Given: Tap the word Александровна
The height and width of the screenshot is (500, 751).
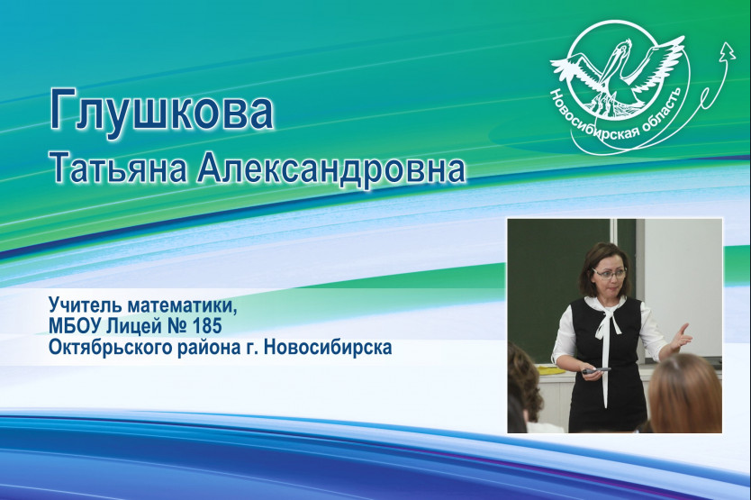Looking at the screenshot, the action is pos(331,168).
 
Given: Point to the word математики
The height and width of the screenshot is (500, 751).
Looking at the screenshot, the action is pos(178,305).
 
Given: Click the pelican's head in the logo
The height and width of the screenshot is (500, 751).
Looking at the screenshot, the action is pos(622,48).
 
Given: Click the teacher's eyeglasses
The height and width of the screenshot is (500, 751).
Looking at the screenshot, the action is pos(609,274).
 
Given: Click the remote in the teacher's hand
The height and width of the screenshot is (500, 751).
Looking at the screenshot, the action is pos(595,370).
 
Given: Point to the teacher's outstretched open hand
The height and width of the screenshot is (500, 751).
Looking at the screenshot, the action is pos(680,339).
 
